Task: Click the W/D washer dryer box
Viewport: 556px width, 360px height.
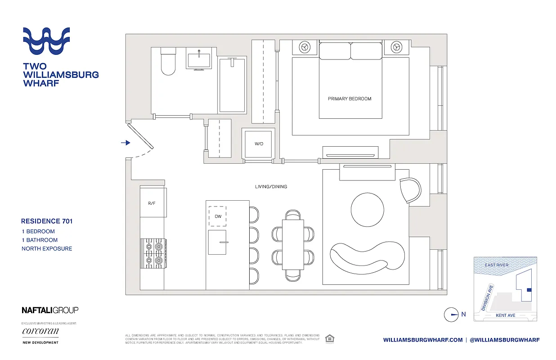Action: [x=258, y=144]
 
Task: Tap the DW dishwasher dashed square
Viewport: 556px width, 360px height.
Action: [x=218, y=216]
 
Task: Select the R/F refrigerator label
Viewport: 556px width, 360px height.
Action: [x=152, y=203]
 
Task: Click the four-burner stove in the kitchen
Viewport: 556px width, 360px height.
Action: [x=153, y=253]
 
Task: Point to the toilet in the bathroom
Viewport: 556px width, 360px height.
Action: [x=168, y=63]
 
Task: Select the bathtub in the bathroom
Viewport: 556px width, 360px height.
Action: [x=233, y=85]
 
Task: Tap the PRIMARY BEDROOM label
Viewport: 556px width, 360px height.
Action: [x=350, y=99]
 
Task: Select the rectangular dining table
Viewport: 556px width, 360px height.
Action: [x=293, y=244]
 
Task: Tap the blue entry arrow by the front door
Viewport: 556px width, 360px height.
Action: [x=126, y=143]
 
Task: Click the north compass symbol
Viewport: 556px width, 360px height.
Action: [x=451, y=315]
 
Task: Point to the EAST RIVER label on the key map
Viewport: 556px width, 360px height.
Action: [x=497, y=265]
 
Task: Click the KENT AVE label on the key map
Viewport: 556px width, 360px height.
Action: [x=505, y=315]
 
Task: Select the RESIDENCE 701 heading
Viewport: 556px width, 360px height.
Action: [x=47, y=221]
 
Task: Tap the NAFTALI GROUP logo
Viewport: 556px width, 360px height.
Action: [x=50, y=310]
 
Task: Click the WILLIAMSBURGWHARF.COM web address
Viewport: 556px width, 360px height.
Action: [x=423, y=340]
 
